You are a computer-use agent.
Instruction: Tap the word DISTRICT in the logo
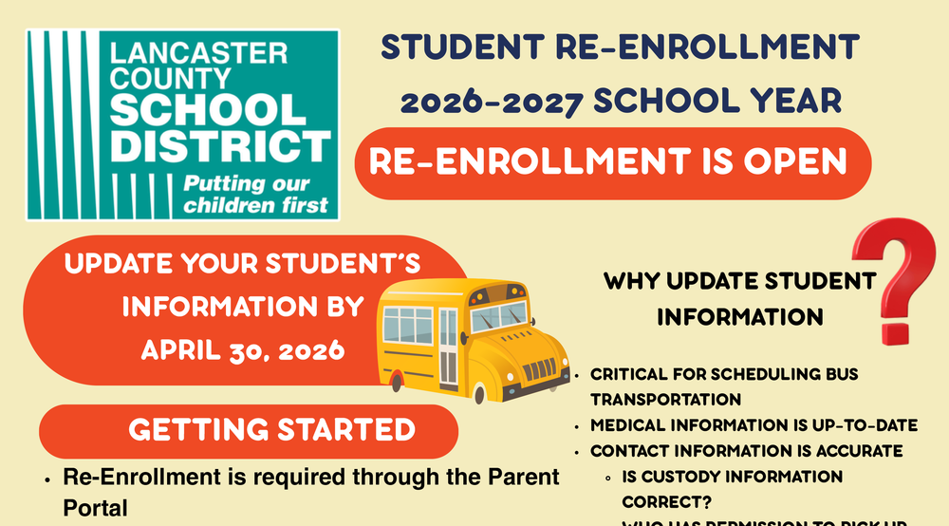point(220,148)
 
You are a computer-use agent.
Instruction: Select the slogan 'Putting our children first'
point(254,193)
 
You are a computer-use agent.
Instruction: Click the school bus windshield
point(498,316)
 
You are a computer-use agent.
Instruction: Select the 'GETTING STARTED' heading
point(271,430)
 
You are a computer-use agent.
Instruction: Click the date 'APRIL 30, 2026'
point(242,350)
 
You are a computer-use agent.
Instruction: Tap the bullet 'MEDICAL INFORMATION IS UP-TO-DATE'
point(754,425)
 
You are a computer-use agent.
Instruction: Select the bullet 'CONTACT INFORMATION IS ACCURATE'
point(746,451)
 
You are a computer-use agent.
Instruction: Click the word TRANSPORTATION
point(665,400)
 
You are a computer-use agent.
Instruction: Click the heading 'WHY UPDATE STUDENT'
point(739,281)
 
